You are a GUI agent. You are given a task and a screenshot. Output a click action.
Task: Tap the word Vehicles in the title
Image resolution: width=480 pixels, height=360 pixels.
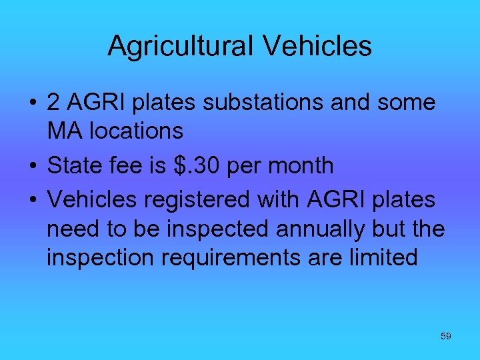(x=317, y=46)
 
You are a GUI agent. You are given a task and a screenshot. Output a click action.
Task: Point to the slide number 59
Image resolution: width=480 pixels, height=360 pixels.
(x=446, y=336)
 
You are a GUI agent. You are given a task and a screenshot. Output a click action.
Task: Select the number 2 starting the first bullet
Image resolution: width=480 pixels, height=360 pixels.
(x=54, y=103)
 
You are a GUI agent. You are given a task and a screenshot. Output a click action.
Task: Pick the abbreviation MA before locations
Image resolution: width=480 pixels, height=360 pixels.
(x=64, y=131)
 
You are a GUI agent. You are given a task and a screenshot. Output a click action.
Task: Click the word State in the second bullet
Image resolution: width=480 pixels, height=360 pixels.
(x=75, y=165)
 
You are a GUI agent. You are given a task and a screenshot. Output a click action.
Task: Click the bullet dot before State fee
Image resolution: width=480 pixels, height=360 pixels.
(x=31, y=166)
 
